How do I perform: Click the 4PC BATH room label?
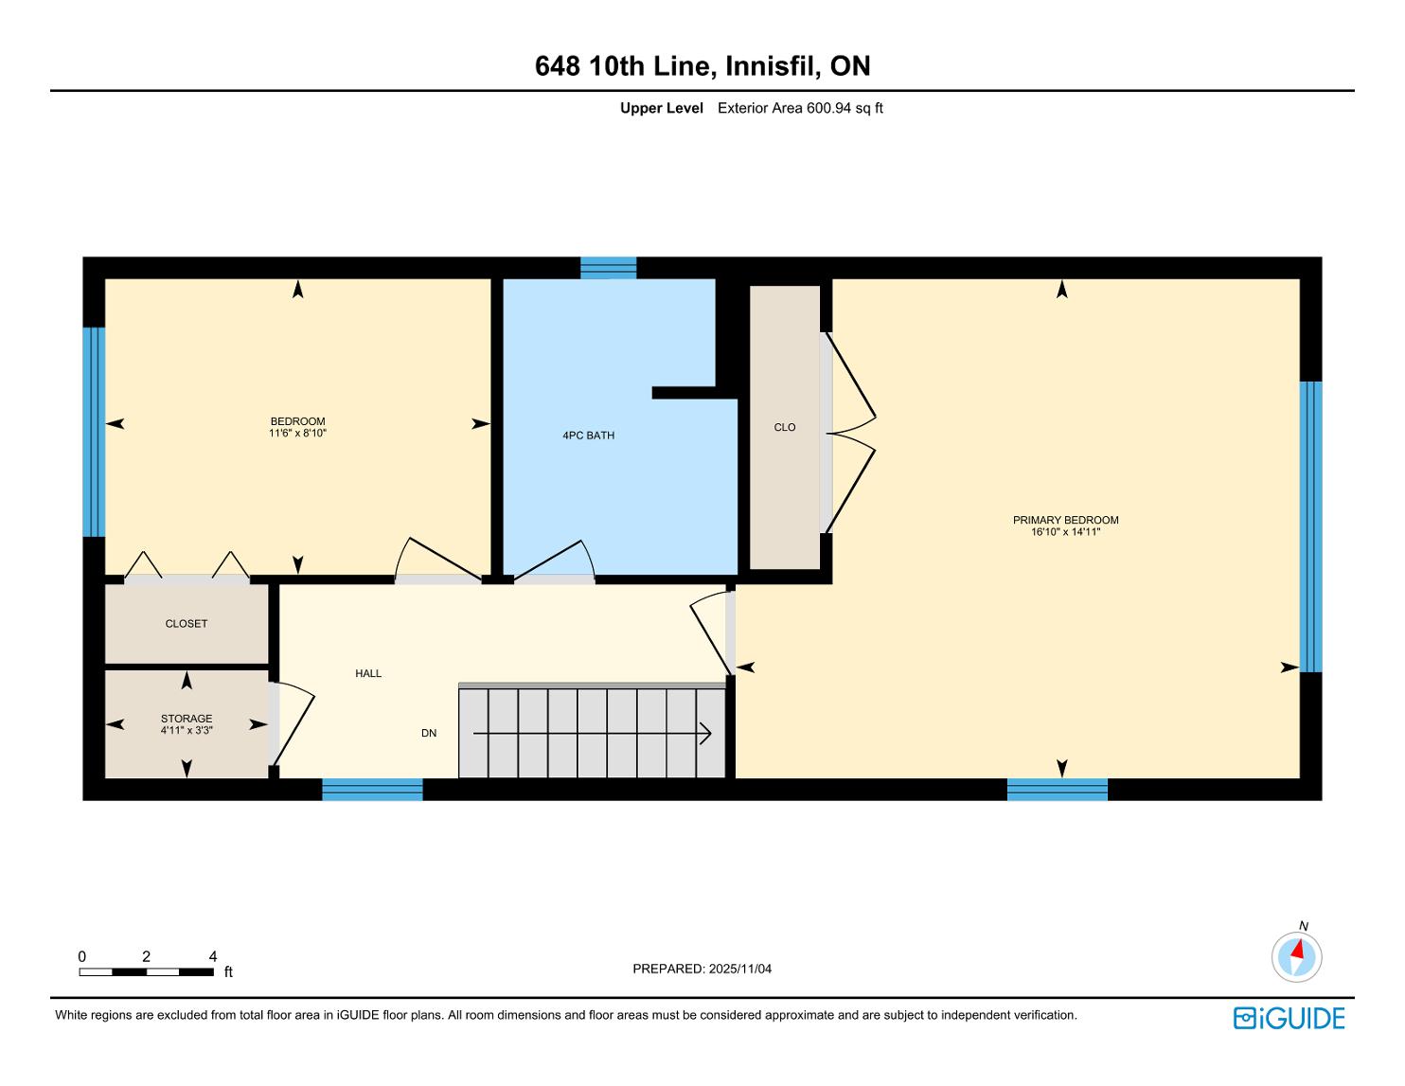coord(588,436)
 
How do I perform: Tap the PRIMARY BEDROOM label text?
coord(1065,521)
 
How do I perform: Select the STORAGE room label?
coord(187,719)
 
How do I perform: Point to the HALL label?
coord(368,673)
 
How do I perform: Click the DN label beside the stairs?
coord(429,733)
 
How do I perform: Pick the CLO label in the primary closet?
coord(785,427)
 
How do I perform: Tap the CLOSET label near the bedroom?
coord(187,624)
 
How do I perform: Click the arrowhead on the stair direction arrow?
coord(706,734)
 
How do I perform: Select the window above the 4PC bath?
coord(609,268)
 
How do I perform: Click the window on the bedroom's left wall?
coord(94,432)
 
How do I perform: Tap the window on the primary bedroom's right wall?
coord(1311,526)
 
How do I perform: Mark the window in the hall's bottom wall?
coord(372,790)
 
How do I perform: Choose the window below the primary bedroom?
coord(1058,790)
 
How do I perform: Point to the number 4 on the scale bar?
coord(213,956)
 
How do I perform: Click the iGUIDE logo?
coord(1289,1019)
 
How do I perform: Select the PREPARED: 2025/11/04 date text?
coord(702,969)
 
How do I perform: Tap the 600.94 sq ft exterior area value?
coord(845,109)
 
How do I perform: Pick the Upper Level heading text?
coord(662,109)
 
